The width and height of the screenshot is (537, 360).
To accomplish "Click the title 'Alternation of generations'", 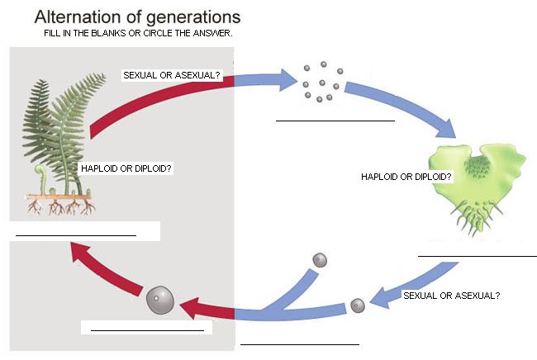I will coord(138,17).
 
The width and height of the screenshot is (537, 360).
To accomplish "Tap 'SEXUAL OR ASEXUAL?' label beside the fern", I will coord(172,75).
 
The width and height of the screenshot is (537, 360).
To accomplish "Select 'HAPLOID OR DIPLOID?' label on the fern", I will coord(126,168).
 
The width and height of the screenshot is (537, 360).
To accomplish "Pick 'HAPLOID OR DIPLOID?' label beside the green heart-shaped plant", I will coord(406,177).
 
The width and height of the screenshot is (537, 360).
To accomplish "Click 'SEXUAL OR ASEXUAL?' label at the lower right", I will coord(451,295).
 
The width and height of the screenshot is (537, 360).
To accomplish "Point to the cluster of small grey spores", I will coord(317,81).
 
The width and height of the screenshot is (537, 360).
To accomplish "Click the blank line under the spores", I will coord(335,120).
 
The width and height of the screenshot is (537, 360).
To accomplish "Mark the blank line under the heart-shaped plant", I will coord(477,256).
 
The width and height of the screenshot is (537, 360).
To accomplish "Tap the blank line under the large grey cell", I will coord(147,330).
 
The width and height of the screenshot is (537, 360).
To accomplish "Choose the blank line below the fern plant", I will coord(76,235).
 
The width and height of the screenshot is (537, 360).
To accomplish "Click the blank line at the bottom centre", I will coord(300,343).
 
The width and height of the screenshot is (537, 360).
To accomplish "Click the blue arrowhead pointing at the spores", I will coord(288,79).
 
